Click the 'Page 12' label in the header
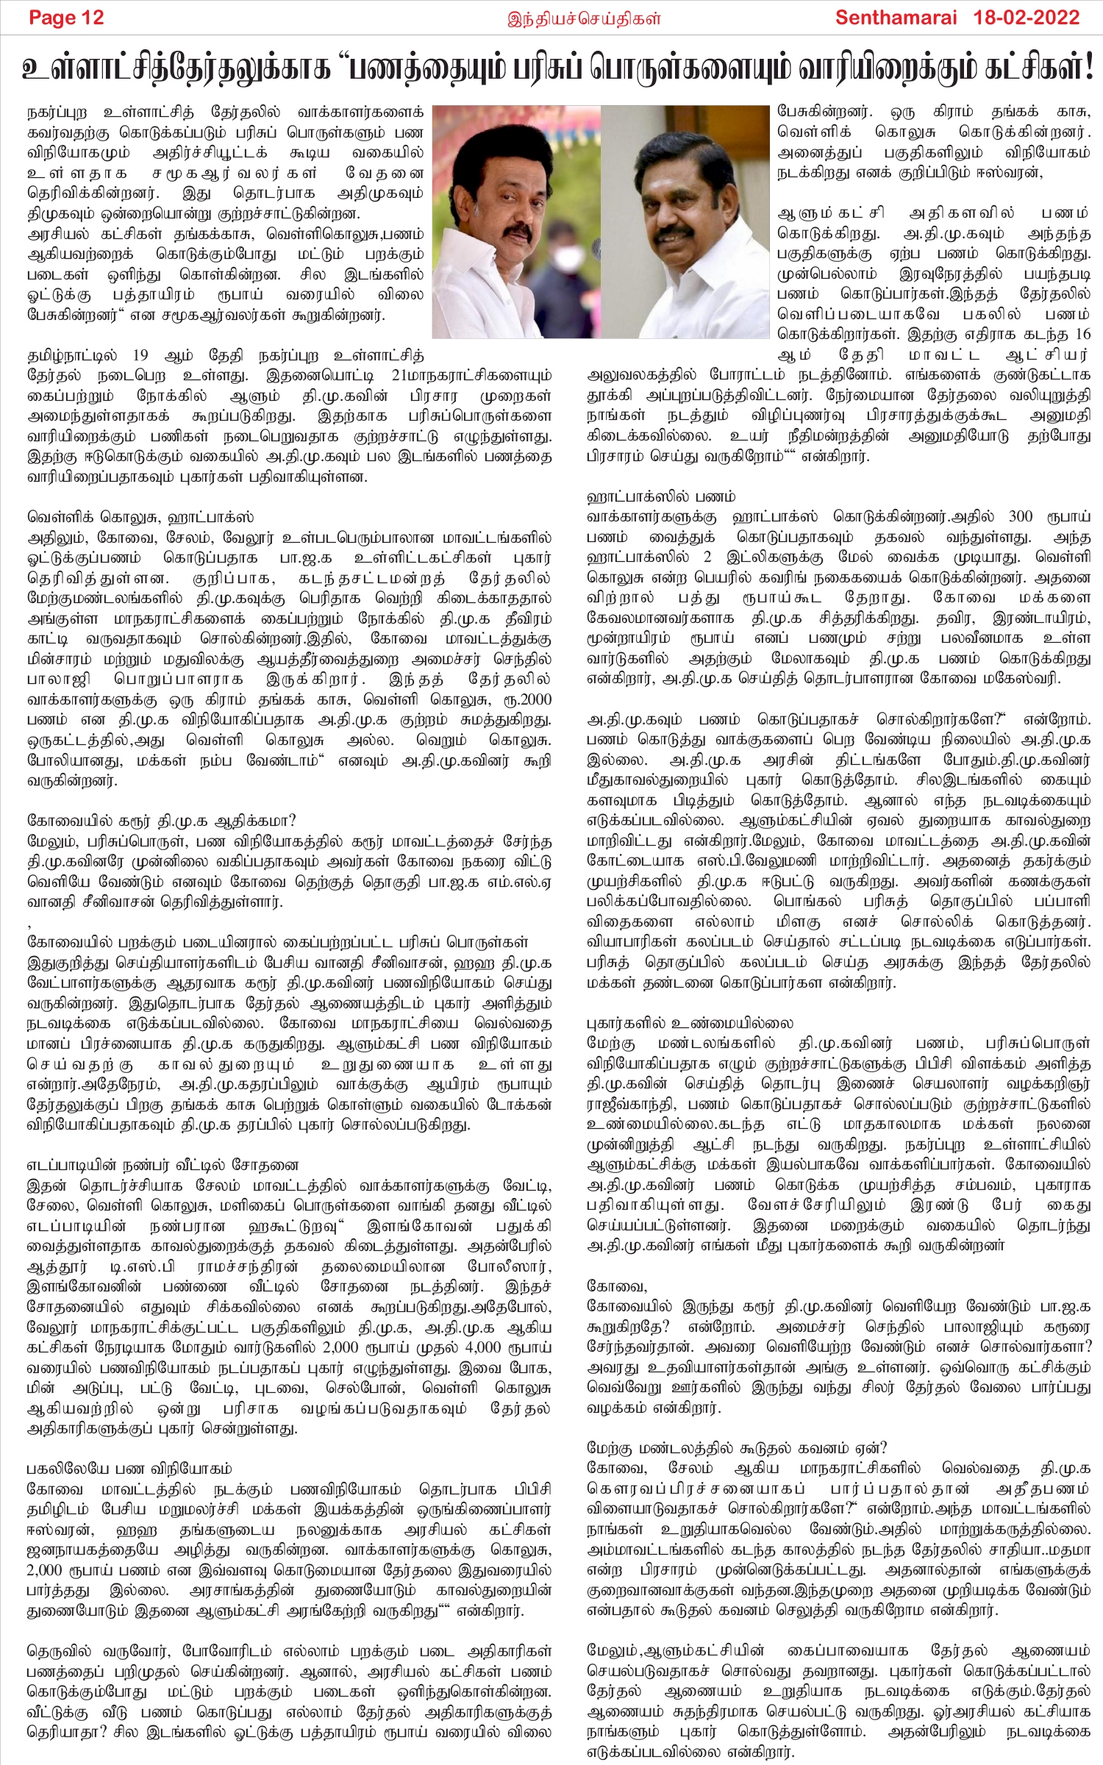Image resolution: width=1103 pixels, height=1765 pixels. [66, 17]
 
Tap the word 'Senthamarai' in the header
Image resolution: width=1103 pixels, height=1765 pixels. [896, 17]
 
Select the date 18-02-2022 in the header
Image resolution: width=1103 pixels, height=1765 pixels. [1027, 17]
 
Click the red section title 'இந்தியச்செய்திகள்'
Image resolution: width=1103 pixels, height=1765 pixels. [585, 18]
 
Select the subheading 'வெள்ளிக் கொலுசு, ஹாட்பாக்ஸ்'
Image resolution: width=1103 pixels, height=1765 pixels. [140, 517]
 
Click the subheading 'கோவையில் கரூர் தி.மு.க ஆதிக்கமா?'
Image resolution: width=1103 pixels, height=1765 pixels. [161, 820]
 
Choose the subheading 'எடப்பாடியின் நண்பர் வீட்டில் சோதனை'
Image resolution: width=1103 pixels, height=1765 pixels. [163, 1165]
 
